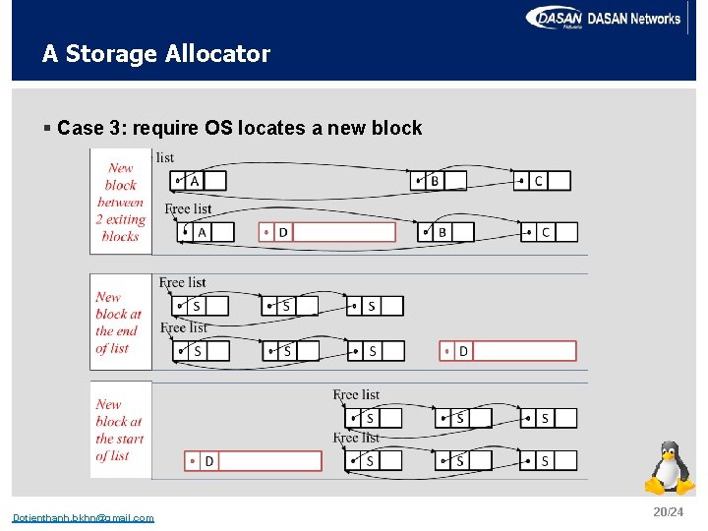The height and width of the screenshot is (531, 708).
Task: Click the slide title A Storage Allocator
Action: (x=155, y=54)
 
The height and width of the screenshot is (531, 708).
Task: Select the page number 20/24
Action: (x=667, y=512)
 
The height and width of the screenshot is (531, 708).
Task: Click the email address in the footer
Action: (x=83, y=518)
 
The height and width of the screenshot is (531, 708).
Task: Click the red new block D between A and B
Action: (x=327, y=232)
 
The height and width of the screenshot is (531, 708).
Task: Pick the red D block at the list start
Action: (x=254, y=460)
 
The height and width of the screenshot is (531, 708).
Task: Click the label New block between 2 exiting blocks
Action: (x=121, y=203)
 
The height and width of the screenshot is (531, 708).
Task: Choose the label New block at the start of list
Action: (x=119, y=430)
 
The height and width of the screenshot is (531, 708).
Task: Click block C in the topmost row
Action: (x=542, y=181)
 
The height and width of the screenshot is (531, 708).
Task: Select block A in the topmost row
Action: (x=198, y=181)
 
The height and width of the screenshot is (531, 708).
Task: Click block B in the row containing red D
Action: (x=447, y=232)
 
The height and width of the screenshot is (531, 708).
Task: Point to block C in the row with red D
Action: (x=549, y=232)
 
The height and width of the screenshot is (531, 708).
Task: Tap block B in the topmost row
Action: (x=439, y=181)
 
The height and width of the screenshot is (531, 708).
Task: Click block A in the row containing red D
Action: (x=206, y=232)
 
